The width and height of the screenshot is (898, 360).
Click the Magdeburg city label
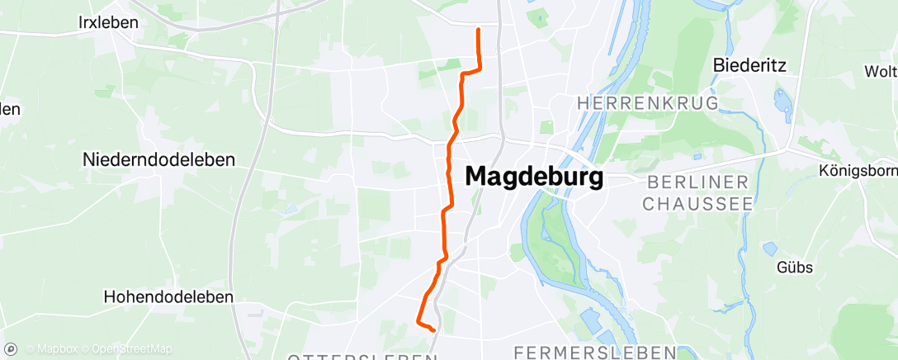[534, 177]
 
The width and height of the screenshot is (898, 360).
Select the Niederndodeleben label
[159, 160]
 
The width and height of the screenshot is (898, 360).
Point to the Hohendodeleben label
[169, 296]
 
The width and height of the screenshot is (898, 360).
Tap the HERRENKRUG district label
[648, 103]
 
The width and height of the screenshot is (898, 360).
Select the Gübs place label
[794, 267]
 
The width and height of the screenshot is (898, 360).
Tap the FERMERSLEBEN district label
[594, 353]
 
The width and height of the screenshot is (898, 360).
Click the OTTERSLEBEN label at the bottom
[362, 357]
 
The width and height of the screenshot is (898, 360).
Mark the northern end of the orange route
[479, 30]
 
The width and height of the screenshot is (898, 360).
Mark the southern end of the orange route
[433, 329]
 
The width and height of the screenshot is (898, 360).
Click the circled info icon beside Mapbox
[11, 349]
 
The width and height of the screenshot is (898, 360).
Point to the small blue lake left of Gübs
[770, 248]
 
